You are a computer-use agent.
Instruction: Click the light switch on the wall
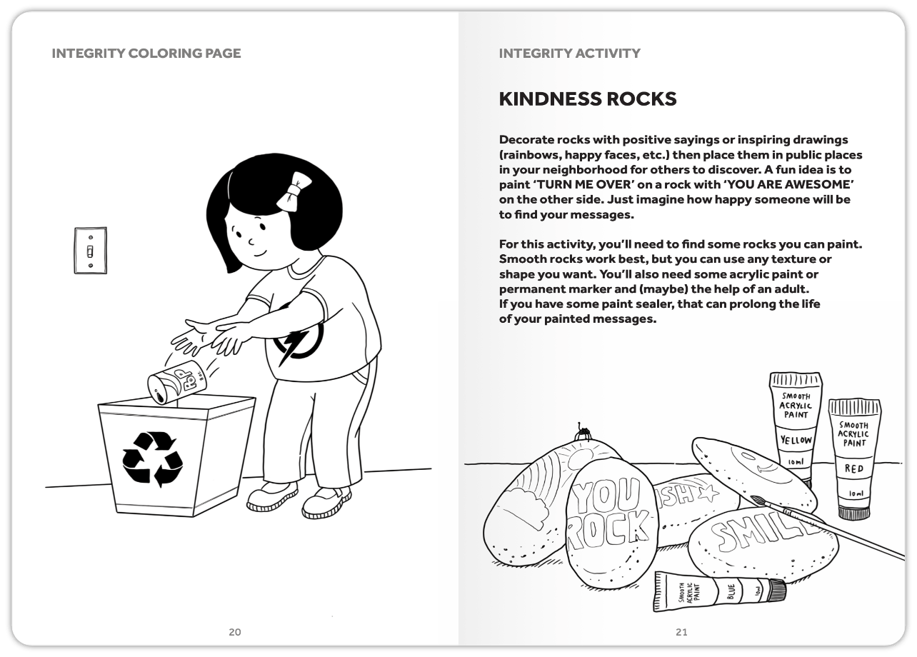point(90,250)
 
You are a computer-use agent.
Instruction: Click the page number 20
point(234,631)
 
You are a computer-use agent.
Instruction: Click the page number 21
point(681,631)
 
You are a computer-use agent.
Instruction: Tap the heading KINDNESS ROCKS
point(587,99)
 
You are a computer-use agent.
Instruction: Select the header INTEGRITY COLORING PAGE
point(146,54)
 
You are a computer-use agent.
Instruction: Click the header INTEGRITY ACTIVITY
point(569,54)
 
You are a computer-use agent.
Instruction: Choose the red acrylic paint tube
point(853,457)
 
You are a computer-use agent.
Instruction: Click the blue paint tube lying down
point(718,593)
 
